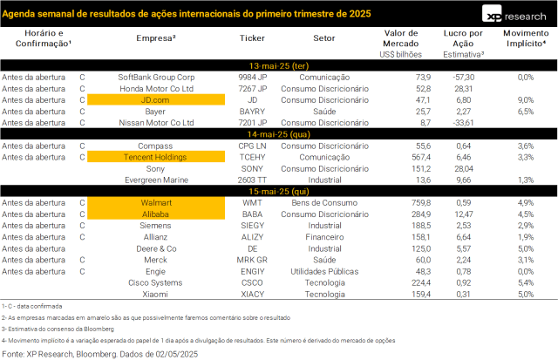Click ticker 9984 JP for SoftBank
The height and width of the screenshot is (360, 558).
click(252, 77)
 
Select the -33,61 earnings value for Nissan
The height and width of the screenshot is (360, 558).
click(457, 123)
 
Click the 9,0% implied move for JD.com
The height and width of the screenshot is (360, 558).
click(525, 99)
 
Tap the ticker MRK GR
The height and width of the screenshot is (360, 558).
click(252, 259)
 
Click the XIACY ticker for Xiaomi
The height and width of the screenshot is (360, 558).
click(252, 294)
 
